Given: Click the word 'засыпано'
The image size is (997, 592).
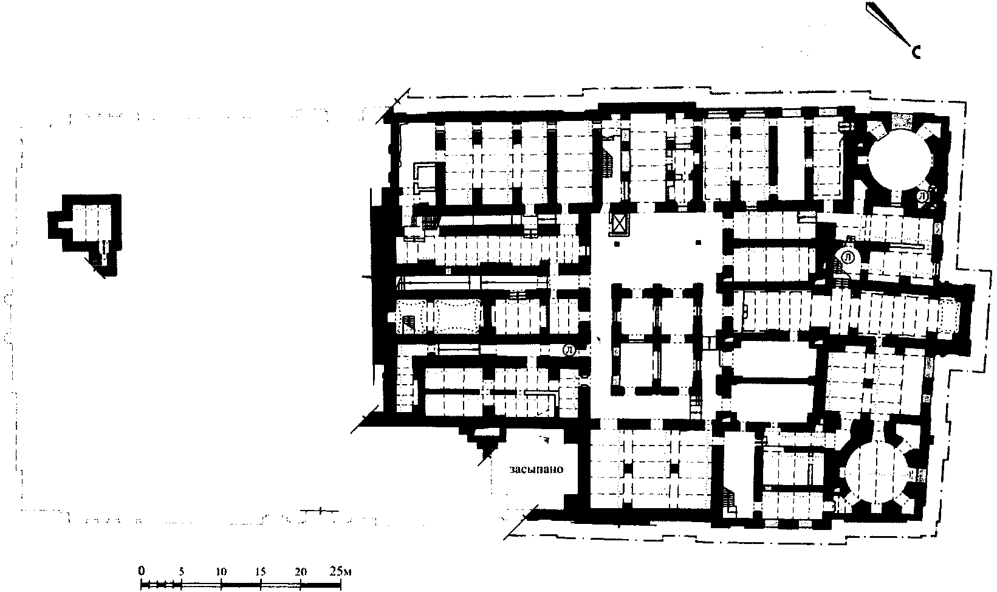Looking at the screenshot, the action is [x=536, y=469].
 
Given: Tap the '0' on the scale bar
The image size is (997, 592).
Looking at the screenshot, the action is [x=142, y=571].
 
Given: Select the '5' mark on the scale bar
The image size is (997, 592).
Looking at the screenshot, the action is [x=181, y=571].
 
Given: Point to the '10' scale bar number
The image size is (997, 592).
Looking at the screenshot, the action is [x=221, y=571].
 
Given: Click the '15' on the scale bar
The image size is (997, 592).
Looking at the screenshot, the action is [x=261, y=571].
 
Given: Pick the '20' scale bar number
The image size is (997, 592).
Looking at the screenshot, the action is [x=301, y=571].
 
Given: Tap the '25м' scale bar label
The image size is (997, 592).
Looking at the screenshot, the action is [x=340, y=571].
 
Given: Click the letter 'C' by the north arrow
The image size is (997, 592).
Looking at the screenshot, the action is [x=916, y=52].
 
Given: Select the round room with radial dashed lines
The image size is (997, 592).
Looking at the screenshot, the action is [x=875, y=475].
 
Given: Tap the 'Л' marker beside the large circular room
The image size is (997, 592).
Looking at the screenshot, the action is [x=923, y=196].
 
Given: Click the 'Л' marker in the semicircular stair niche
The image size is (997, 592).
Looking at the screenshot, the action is [x=849, y=257].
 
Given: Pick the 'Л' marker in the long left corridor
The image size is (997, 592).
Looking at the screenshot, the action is [x=569, y=350].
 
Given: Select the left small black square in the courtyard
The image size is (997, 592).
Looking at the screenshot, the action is [x=617, y=244].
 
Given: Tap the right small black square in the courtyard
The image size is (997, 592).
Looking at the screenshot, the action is [x=698, y=243].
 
